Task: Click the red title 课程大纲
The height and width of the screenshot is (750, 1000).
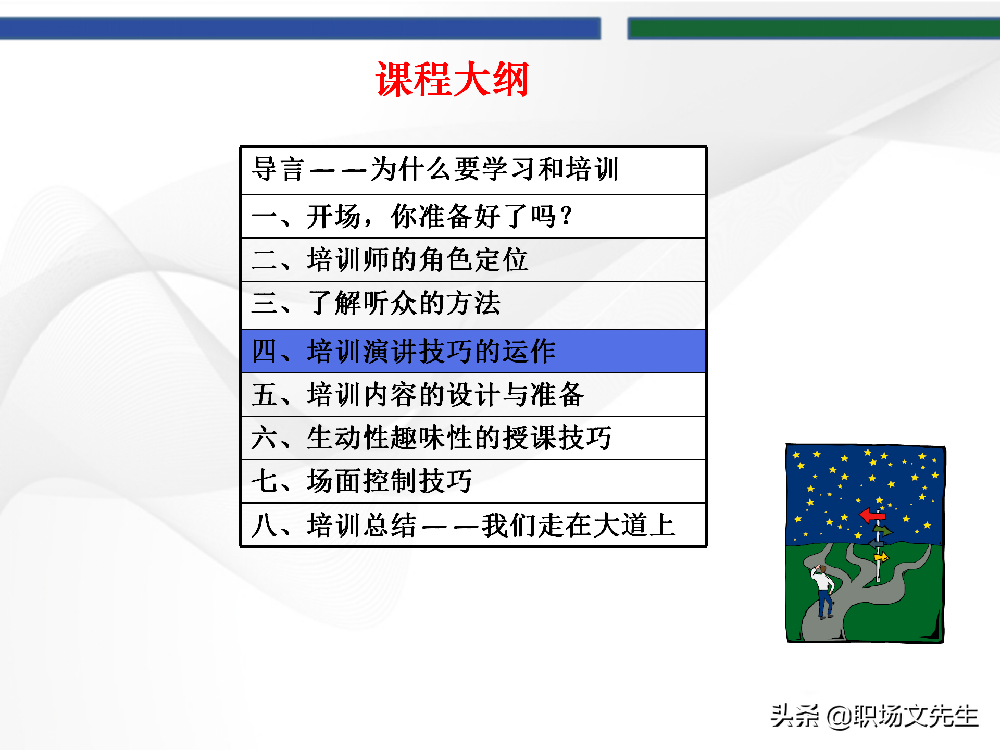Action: (x=452, y=79)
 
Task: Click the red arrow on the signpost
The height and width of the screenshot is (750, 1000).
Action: (x=872, y=516)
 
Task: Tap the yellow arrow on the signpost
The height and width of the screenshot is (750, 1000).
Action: (x=881, y=558)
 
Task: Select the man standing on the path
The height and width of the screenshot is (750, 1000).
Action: (x=823, y=591)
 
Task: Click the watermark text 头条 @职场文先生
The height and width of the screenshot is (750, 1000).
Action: (x=874, y=716)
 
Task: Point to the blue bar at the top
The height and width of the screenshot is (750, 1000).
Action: (x=300, y=28)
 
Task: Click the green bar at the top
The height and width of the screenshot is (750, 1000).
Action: (x=813, y=28)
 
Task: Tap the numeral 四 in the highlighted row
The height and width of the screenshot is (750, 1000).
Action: (x=264, y=351)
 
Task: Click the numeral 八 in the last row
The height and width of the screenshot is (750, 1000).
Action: (x=264, y=525)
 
